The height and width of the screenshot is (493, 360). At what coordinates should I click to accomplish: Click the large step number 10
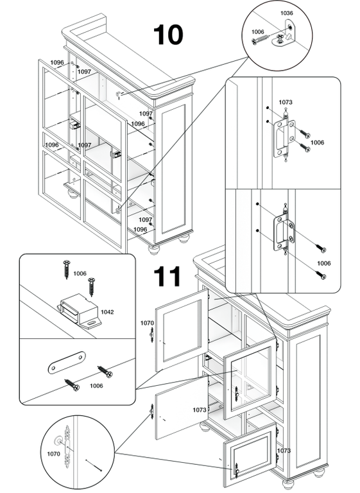(x=168, y=35)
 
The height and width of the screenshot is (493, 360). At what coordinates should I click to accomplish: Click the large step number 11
(x=167, y=276)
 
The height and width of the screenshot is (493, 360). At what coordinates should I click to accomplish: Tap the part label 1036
(x=286, y=13)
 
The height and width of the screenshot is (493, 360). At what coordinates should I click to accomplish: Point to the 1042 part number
(x=107, y=312)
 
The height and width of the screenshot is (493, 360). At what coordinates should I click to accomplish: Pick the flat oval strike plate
(x=67, y=362)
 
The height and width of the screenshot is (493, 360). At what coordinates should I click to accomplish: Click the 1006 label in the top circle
(x=257, y=31)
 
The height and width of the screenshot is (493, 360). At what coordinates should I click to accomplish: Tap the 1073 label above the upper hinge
(x=286, y=102)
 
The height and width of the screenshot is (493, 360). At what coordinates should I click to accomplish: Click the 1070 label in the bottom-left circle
(x=53, y=454)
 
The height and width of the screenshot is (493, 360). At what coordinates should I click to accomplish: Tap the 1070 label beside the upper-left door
(x=147, y=323)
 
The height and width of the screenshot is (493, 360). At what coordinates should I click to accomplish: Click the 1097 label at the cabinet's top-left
(x=84, y=72)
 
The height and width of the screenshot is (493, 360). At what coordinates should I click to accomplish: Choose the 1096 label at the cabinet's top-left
(x=57, y=62)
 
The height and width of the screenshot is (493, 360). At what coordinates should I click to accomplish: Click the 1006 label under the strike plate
(x=96, y=386)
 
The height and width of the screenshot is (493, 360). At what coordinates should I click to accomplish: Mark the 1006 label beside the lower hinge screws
(x=324, y=263)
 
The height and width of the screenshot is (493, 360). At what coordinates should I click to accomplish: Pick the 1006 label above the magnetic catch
(x=80, y=273)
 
